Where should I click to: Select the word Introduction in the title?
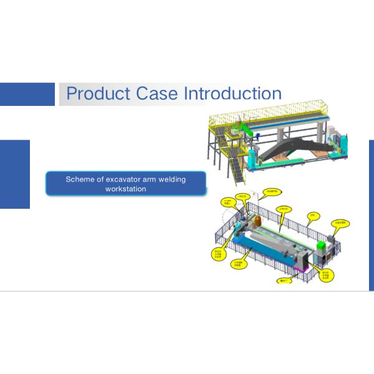[233, 94]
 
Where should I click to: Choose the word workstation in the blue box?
[126, 188]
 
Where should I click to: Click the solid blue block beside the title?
[27, 94]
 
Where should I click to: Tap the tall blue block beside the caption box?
[14, 174]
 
